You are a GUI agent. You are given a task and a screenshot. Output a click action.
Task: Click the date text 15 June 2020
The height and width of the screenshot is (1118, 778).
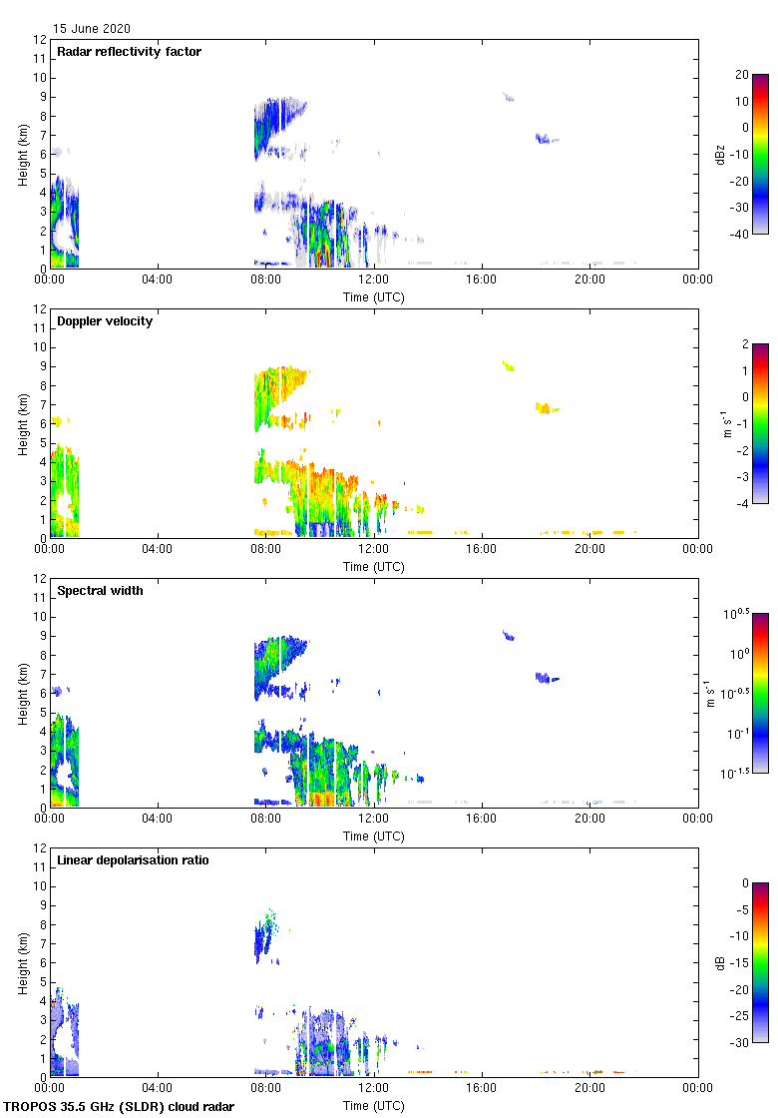point(92,29)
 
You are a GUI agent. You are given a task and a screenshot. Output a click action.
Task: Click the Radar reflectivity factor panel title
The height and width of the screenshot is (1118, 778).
point(129,52)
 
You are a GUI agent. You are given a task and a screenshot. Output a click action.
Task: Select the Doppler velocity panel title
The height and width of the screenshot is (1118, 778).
point(105,321)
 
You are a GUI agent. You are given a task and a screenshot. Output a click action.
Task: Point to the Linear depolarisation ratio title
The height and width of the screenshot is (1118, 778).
point(133,860)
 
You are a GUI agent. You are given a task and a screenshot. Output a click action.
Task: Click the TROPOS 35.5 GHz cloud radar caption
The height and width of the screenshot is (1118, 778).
point(120,1107)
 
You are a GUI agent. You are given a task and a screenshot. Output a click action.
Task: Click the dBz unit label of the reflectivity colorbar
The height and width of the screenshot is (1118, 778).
point(739,155)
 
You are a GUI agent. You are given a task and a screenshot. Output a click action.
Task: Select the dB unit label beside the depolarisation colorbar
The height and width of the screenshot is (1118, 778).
point(739,963)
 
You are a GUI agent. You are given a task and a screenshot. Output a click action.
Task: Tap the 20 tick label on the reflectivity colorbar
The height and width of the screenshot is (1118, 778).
point(742,75)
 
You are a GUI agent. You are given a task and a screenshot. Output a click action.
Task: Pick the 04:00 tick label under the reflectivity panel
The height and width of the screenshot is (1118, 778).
point(158,279)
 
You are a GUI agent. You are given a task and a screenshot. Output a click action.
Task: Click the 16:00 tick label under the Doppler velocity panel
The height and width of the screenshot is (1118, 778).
point(482,549)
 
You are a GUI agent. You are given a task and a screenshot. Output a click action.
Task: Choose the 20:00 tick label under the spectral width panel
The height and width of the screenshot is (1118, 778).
point(589,819)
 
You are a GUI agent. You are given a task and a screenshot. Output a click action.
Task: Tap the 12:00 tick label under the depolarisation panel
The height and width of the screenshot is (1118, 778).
point(374,1088)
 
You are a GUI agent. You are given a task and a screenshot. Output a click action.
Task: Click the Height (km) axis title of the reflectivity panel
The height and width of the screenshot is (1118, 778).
point(21,154)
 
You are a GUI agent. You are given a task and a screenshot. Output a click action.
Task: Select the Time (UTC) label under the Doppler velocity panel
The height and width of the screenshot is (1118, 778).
point(374,567)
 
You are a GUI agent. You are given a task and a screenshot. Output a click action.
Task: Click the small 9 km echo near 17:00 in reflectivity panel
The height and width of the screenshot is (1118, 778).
point(508,97)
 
